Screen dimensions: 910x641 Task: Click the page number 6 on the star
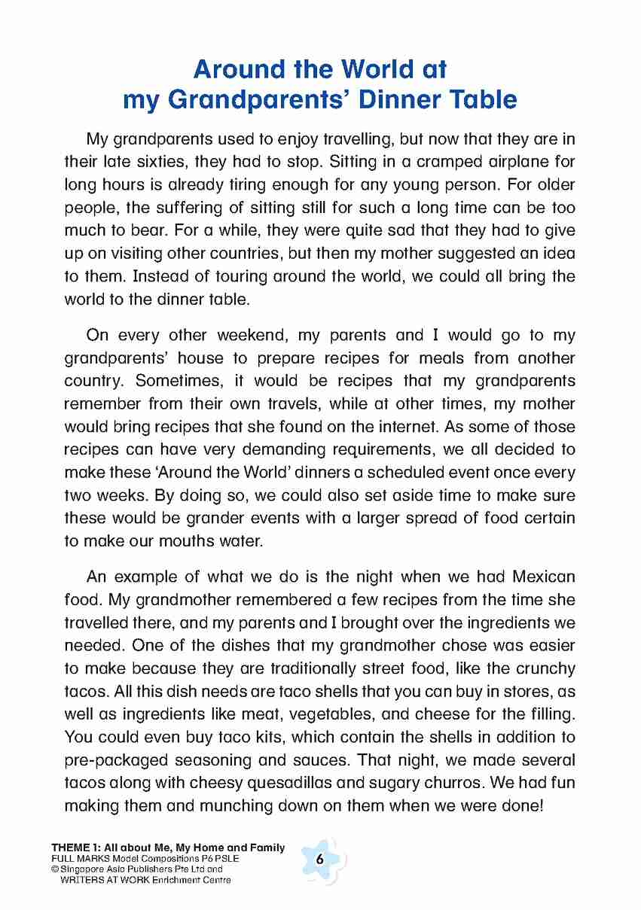click(x=320, y=860)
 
